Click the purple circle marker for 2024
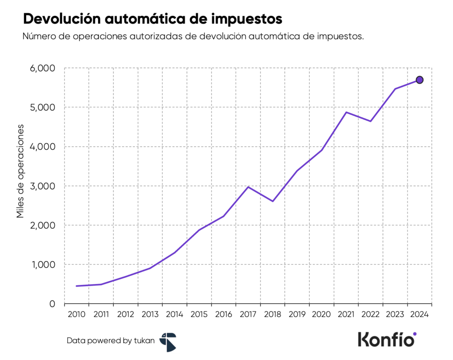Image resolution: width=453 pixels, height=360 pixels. click(419, 80)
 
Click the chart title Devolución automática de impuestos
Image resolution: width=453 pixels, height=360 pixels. click(152, 19)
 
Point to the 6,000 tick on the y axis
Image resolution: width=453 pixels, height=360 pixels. click(42, 69)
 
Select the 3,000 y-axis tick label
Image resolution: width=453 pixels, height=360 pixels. click(42, 186)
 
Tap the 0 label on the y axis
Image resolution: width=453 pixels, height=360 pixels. click(52, 304)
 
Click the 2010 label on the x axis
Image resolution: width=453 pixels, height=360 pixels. click(77, 315)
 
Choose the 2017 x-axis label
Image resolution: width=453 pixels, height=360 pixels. click(248, 315)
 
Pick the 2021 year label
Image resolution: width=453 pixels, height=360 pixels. click(346, 315)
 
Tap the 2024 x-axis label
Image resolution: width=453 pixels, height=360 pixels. click(419, 315)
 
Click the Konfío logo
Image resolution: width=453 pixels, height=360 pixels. click(387, 340)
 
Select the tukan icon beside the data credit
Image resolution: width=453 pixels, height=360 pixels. click(168, 342)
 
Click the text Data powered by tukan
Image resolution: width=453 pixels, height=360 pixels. click(111, 341)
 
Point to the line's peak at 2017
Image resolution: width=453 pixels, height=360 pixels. click(248, 187)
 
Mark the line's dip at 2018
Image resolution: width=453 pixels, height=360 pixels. click(273, 201)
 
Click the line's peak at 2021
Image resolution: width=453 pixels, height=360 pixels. click(346, 112)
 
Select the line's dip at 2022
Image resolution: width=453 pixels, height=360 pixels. click(370, 121)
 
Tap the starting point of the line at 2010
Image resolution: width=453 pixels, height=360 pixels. click(77, 286)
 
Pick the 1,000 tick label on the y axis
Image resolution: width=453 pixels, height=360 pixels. click(42, 264)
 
